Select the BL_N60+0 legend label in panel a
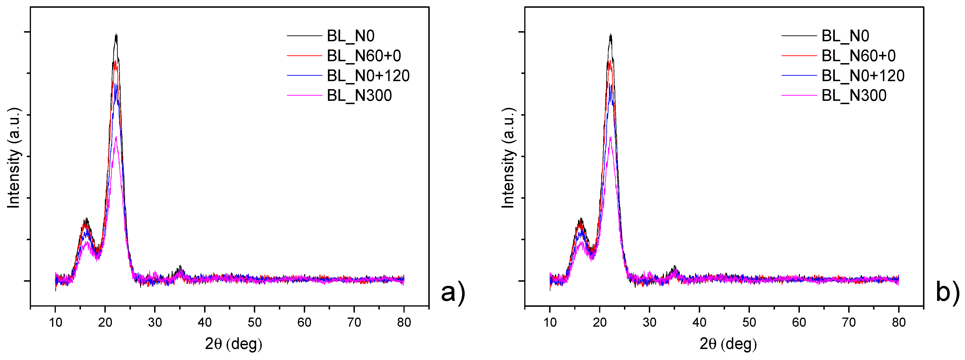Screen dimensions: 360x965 [364, 56]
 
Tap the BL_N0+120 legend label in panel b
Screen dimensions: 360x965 [863, 76]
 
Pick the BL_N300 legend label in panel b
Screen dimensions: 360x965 [854, 95]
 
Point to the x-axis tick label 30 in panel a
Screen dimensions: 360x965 [155, 322]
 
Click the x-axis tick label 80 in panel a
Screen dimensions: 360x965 [404, 322]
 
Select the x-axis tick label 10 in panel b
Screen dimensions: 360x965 [550, 322]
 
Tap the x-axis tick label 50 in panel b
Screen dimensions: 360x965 [749, 322]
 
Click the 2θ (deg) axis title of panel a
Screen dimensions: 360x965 [233, 344]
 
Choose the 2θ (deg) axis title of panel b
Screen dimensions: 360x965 [728, 344]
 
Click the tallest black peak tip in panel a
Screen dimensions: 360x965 [117, 34]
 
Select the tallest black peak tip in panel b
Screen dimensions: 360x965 [611, 34]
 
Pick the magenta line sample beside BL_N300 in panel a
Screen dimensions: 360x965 [304, 95]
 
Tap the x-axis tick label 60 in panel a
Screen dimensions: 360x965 [304, 322]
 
